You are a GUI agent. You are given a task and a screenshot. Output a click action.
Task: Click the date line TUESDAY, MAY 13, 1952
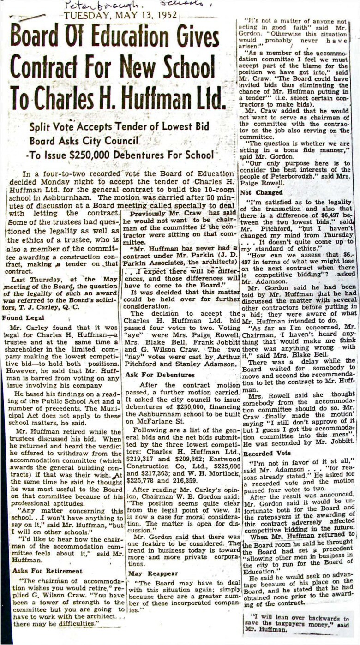[x=121, y=16]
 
